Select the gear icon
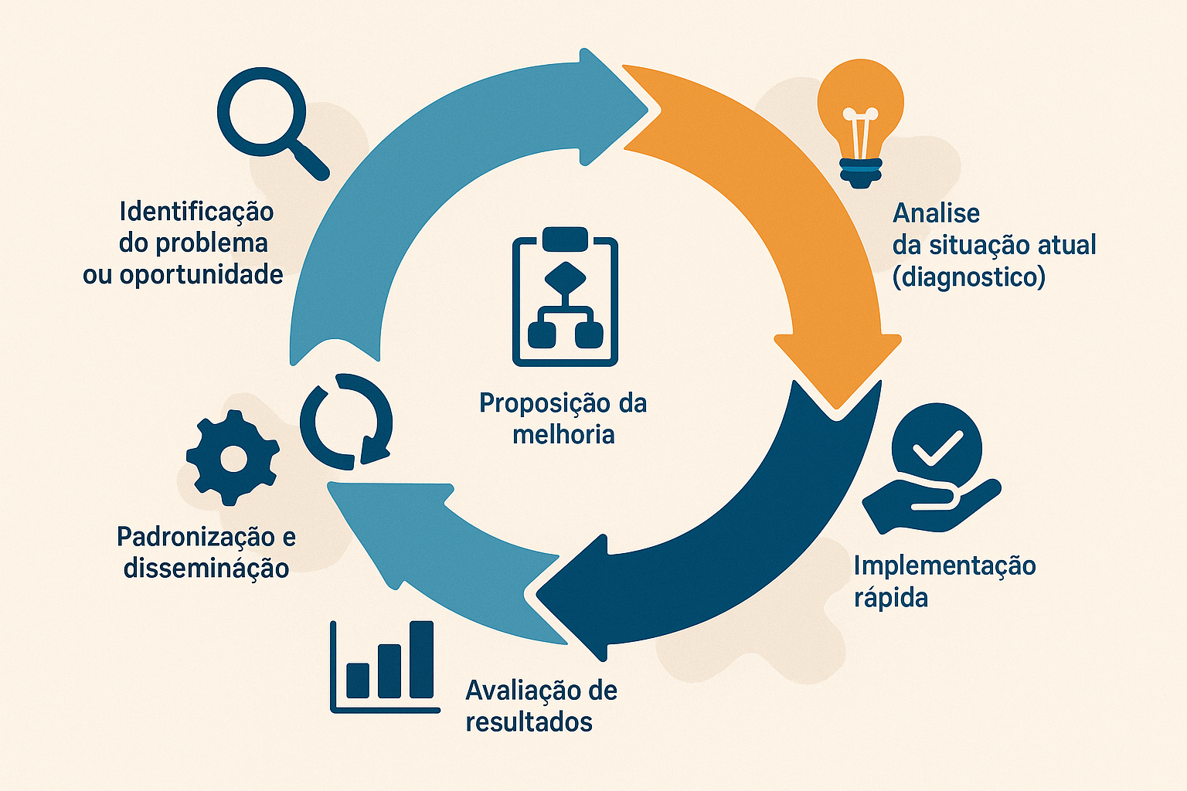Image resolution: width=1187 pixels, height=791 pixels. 232,458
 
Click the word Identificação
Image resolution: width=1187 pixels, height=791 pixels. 196,212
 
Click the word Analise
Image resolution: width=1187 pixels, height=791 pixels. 936,213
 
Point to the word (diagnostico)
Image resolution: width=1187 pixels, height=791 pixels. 969,277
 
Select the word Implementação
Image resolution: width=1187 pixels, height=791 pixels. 944,565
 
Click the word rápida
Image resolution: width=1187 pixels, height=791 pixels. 890,598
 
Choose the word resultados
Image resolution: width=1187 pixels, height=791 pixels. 529,722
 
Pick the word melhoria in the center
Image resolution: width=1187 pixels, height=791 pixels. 563,434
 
